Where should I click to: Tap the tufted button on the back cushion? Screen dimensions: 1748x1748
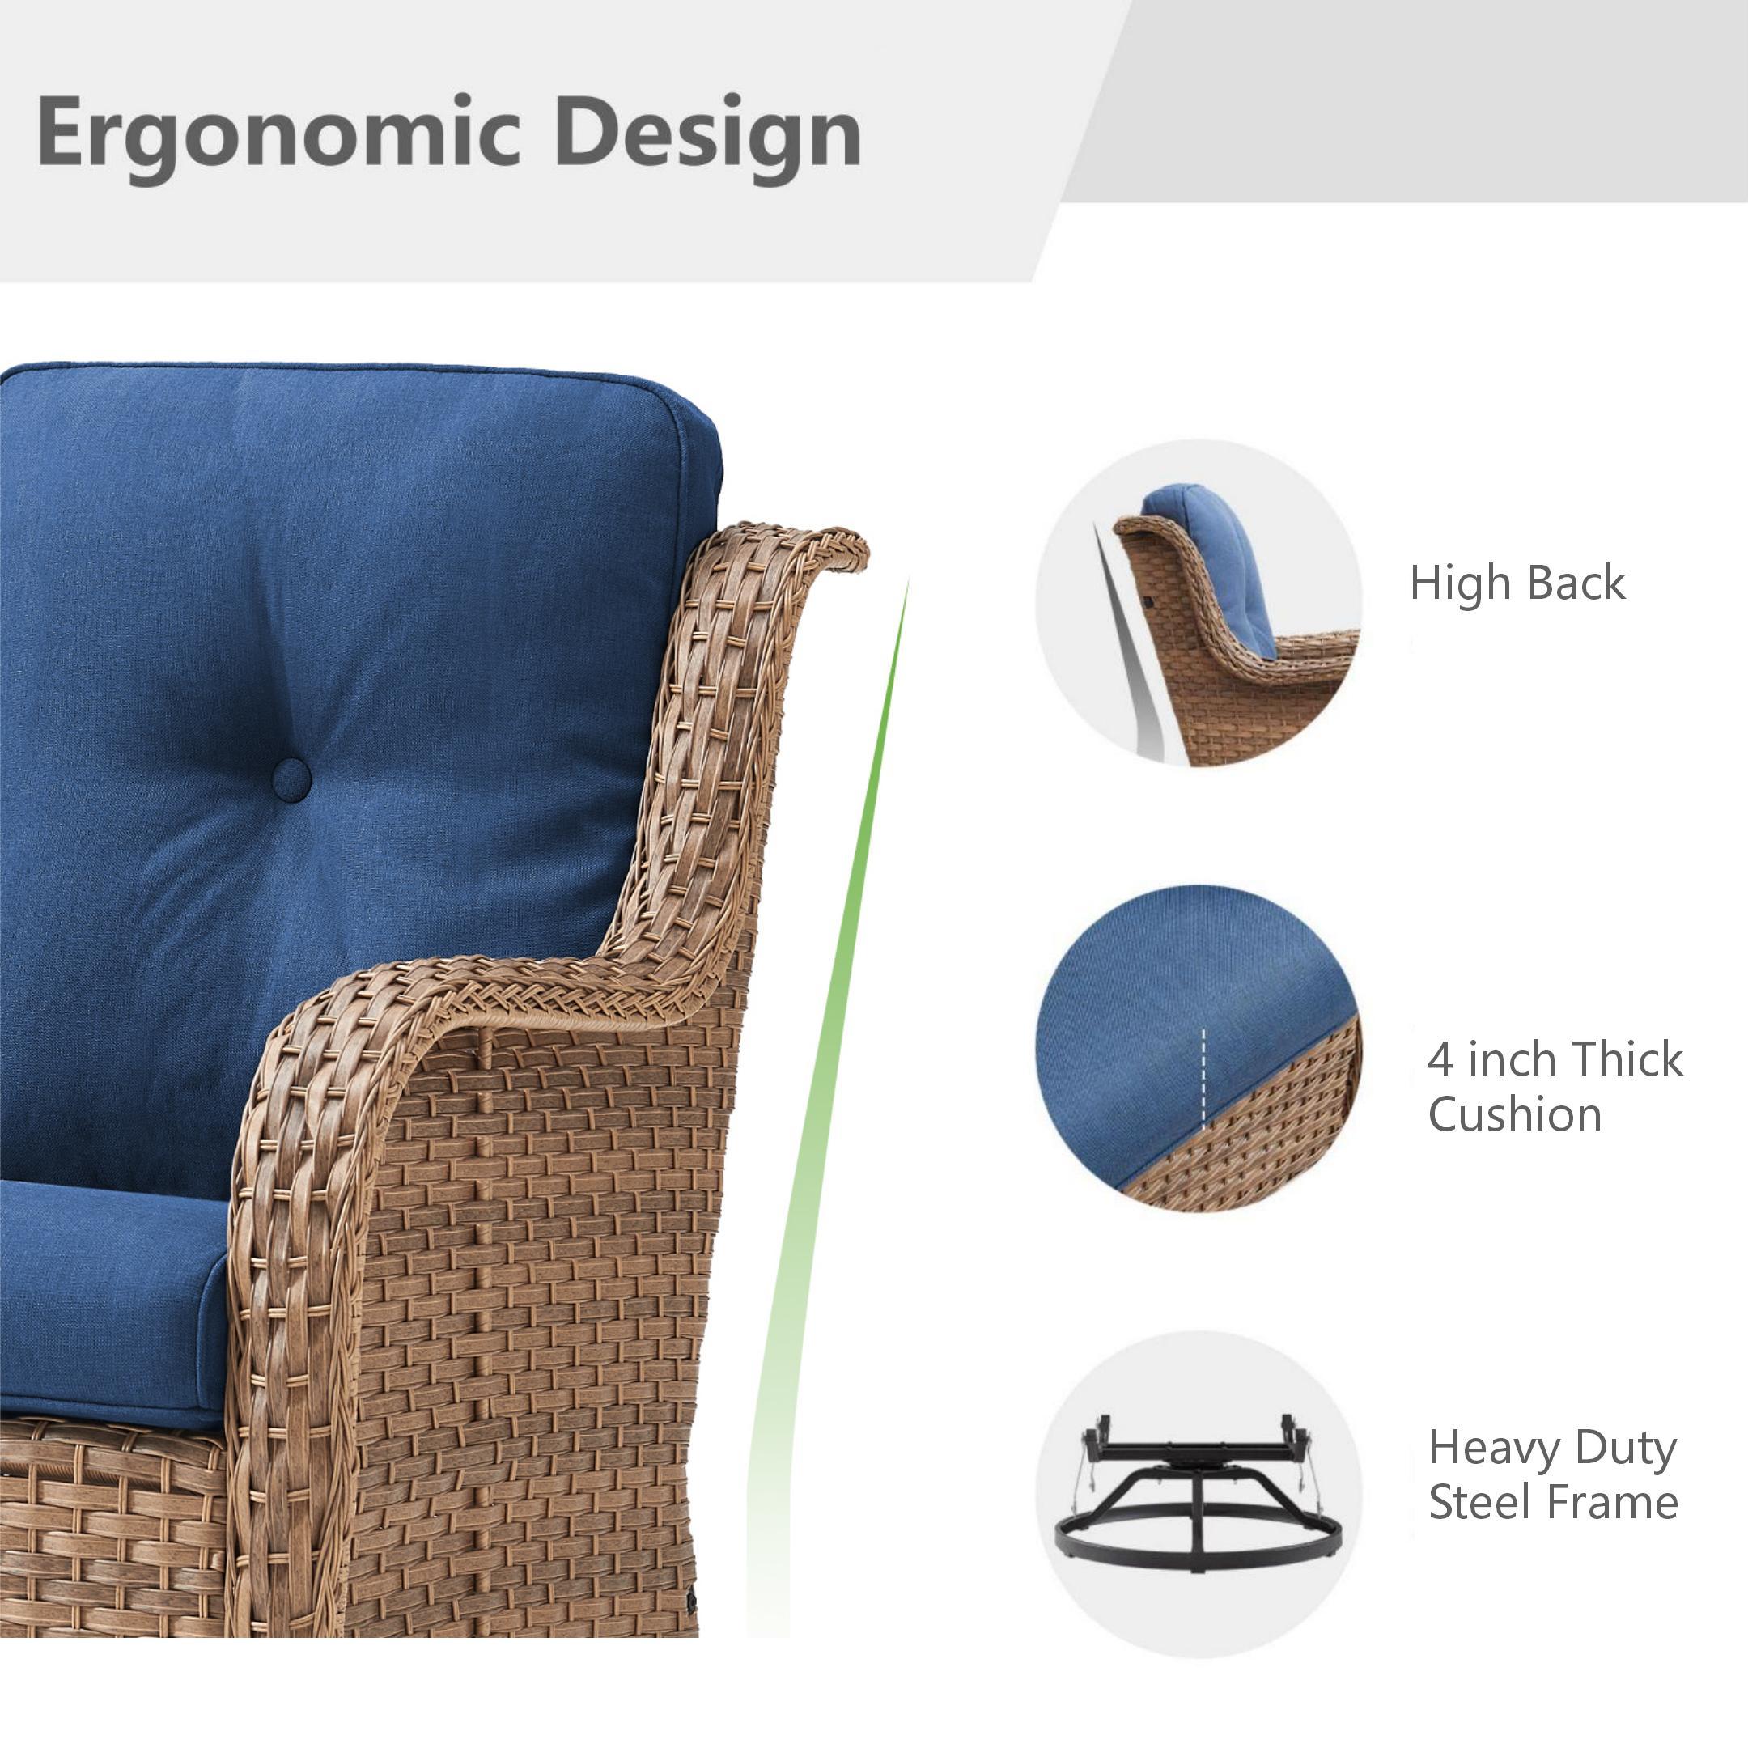(291, 779)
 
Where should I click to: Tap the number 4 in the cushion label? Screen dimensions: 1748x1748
(1440, 1059)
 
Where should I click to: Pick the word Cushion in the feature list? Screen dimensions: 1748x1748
(1515, 1114)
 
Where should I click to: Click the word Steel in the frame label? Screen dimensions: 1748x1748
(1479, 1502)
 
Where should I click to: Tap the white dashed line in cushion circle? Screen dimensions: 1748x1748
(1204, 1076)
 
